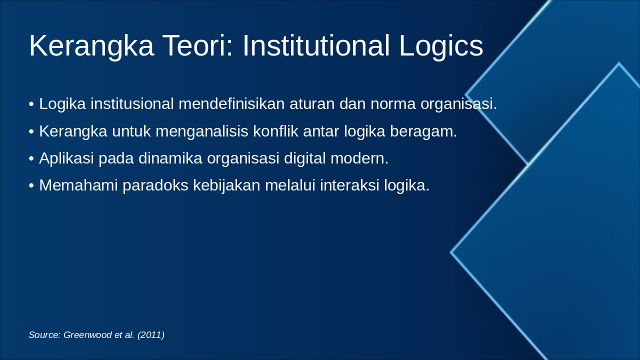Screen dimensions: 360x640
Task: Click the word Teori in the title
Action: pyautogui.click(x=197, y=46)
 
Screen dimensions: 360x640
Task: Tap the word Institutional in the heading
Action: pyautogui.click(x=316, y=46)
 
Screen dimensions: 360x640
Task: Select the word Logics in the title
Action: pyautogui.click(x=440, y=46)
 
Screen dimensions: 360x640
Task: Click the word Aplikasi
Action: pyautogui.click(x=66, y=158)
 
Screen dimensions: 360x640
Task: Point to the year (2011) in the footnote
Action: pyautogui.click(x=151, y=335)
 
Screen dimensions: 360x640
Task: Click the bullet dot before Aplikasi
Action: pyautogui.click(x=31, y=159)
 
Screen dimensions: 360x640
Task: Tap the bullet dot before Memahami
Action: pyautogui.click(x=31, y=186)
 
